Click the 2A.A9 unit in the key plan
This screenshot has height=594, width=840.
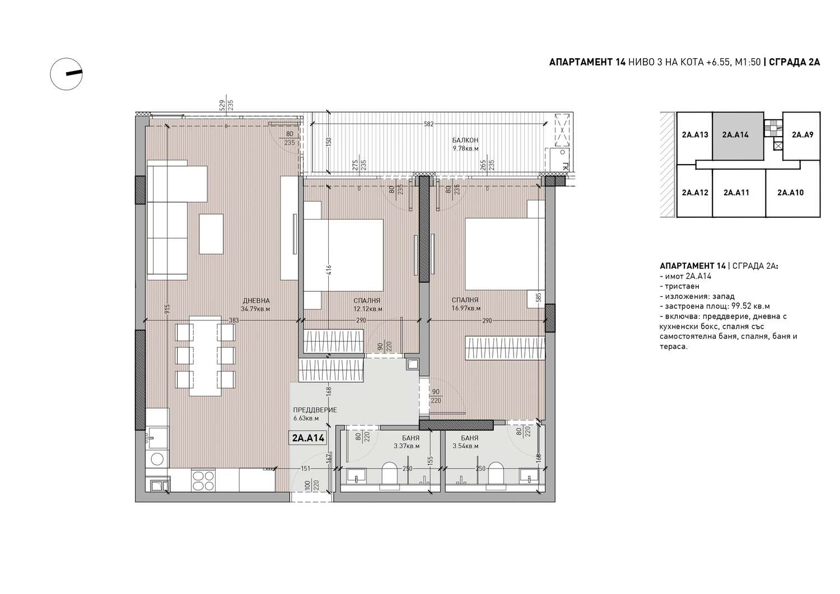pyautogui.click(x=802, y=135)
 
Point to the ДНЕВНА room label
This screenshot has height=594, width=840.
pyautogui.click(x=256, y=301)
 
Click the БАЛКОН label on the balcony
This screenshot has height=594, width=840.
pyautogui.click(x=465, y=141)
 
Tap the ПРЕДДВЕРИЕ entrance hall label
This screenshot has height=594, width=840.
pyautogui.click(x=315, y=410)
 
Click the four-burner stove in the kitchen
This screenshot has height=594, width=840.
pyautogui.click(x=203, y=480)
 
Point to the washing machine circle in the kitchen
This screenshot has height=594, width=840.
pyautogui.click(x=157, y=459)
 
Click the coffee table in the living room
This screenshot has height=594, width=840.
pyautogui.click(x=211, y=234)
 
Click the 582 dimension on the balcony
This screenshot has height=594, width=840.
pyautogui.click(x=428, y=124)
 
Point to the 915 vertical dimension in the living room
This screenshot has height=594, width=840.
pyautogui.click(x=167, y=308)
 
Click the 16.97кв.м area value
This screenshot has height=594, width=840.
pyautogui.click(x=466, y=308)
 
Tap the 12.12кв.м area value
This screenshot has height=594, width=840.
pyautogui.click(x=368, y=309)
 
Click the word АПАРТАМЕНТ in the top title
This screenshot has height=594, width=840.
pyautogui.click(x=581, y=62)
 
